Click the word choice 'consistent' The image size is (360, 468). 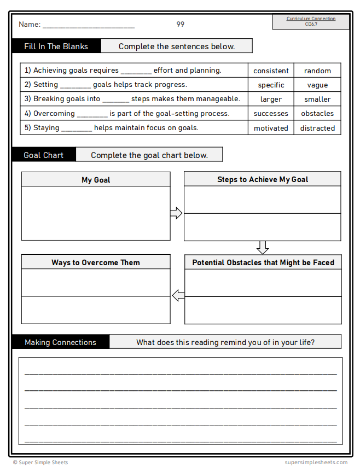click(271, 71)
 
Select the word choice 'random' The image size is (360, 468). click(317, 71)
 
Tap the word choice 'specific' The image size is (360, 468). click(271, 85)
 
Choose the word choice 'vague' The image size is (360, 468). click(317, 85)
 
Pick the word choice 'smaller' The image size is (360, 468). click(317, 99)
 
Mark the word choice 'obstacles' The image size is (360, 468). click(317, 113)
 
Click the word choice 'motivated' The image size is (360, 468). click(271, 128)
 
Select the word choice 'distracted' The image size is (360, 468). click(317, 128)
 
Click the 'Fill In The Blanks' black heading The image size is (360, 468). click(56, 46)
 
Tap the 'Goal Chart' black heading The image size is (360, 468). click(44, 155)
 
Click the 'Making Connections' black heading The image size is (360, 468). click(60, 342)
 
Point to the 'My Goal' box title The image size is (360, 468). click(96, 180)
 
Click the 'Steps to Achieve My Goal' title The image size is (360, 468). click(263, 179)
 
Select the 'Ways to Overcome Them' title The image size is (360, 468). click(96, 262)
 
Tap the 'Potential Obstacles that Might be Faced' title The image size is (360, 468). click(263, 262)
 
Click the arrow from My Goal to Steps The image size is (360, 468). click(176, 213)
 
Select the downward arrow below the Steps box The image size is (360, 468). click(263, 247)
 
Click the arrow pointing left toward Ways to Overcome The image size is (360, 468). click(178, 296)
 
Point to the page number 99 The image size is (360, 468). click(181, 24)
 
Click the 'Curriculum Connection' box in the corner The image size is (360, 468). click(311, 21)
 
